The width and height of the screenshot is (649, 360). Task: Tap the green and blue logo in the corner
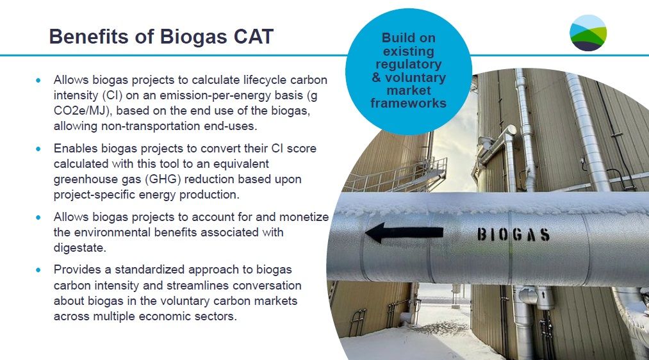tap(587, 33)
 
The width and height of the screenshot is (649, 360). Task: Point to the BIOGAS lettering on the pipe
tap(513, 234)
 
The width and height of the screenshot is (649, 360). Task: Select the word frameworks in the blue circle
tap(408, 102)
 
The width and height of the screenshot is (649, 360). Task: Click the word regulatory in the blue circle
tap(408, 64)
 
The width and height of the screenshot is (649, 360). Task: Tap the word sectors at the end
tap(218, 316)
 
